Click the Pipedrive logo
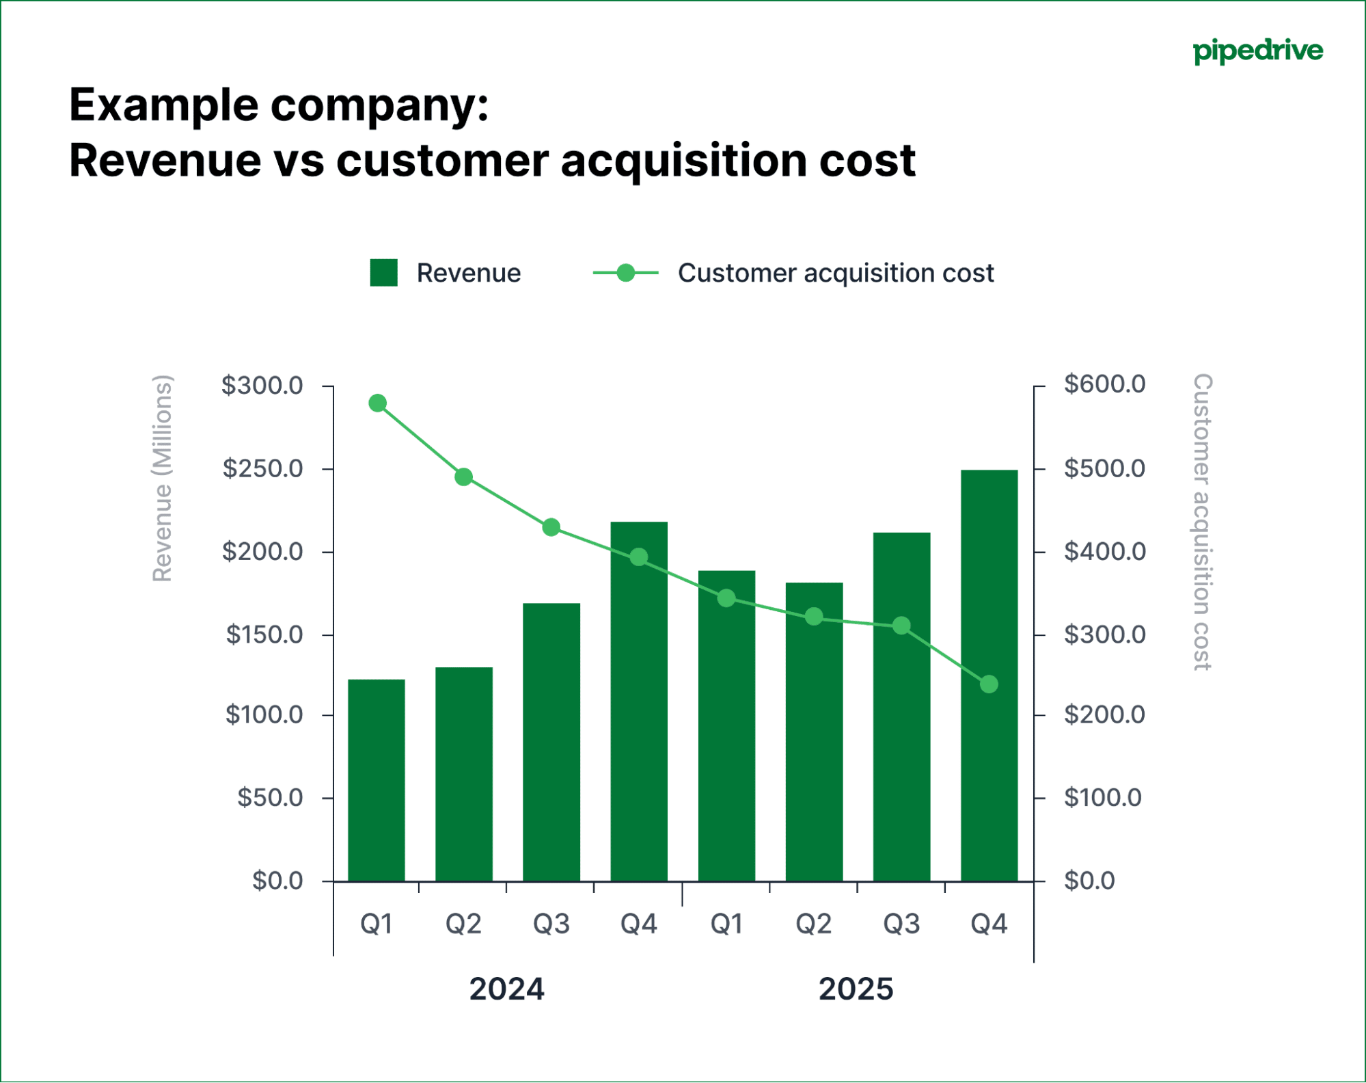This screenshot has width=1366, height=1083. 1257,51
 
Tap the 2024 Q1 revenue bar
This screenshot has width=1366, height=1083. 377,780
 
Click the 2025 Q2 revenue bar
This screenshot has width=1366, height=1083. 814,732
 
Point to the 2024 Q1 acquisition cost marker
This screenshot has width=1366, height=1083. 378,403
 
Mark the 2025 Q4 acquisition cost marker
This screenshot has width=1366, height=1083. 989,684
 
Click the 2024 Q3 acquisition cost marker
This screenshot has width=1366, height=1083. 551,527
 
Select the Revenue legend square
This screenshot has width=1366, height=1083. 383,273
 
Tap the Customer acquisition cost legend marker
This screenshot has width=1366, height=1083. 625,273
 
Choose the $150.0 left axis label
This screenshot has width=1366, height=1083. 264,634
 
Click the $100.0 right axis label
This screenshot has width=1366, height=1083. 1102,798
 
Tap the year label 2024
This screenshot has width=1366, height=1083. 506,989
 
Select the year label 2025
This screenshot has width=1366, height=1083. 856,989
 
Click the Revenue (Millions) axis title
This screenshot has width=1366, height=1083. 162,479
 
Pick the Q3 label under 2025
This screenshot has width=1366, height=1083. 901,924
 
